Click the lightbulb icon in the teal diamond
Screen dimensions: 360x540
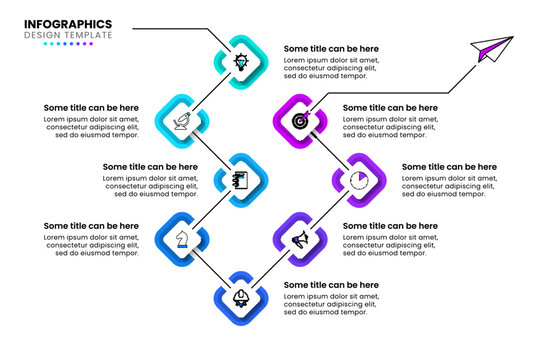pos(241,61)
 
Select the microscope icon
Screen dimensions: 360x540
pos(182,121)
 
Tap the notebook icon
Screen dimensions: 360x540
pos(241,180)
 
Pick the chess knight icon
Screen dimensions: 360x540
pos(182,239)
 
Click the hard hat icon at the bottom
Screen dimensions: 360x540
pos(241,298)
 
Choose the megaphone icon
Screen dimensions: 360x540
pos(300,239)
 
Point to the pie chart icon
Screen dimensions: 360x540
pos(359,180)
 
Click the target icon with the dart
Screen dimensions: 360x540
pos(300,121)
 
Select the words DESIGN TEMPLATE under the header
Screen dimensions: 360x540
pos(68,35)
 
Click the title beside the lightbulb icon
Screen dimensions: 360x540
pos(331,48)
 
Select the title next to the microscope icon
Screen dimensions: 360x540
pos(91,107)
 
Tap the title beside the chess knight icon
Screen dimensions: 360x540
pos(91,226)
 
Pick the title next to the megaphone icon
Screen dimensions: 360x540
pos(390,226)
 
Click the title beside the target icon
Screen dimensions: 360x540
pos(390,107)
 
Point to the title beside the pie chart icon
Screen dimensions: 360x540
pos(449,167)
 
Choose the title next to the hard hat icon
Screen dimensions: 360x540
pos(331,285)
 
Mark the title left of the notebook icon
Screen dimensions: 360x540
pos(150,167)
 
